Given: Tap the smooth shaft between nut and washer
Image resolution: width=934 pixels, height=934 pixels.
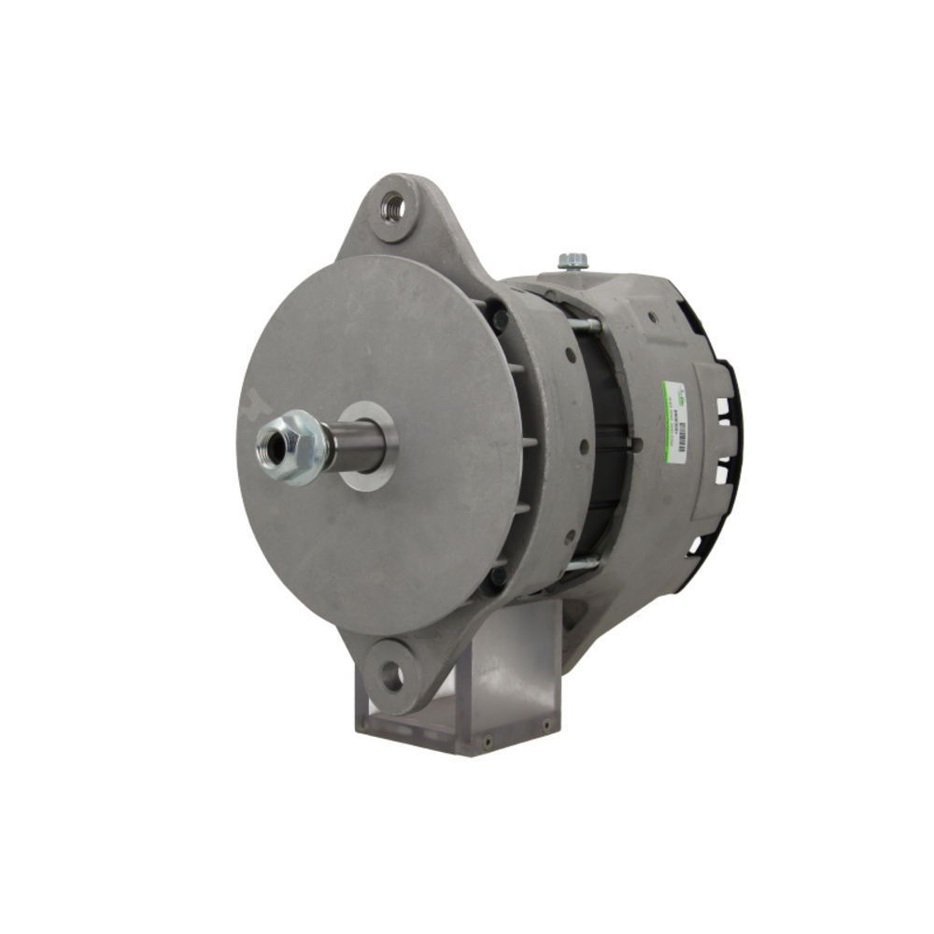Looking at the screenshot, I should point(355,446).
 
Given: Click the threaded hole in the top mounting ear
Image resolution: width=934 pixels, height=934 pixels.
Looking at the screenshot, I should point(394,205).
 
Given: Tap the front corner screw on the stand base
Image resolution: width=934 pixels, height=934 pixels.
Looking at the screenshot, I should point(487,743).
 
